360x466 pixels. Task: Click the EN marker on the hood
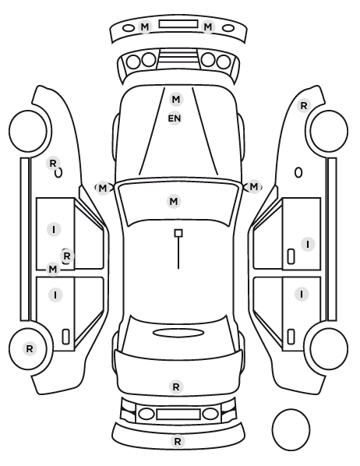[x=175, y=118]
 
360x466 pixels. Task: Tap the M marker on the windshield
[x=174, y=202]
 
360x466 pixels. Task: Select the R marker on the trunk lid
[x=176, y=387]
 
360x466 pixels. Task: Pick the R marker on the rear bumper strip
[x=178, y=441]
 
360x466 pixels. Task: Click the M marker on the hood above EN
[x=176, y=99]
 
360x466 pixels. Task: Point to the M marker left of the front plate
[x=145, y=27]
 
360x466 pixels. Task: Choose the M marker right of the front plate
[x=208, y=27]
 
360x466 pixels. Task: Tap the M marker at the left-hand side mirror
[x=102, y=188]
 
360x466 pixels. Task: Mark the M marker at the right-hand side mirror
[x=253, y=187]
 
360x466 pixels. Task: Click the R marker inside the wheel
[x=30, y=348]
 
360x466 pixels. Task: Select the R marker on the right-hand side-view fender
[x=304, y=105]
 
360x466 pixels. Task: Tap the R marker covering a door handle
[x=67, y=256]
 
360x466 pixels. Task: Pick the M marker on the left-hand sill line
[x=53, y=270]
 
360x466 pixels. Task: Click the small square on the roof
[x=178, y=233]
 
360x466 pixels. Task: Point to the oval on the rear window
[x=178, y=333]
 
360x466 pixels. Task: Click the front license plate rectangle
[x=178, y=24]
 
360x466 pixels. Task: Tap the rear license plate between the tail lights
[x=178, y=415]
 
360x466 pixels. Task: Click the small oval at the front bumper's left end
[x=129, y=28]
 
